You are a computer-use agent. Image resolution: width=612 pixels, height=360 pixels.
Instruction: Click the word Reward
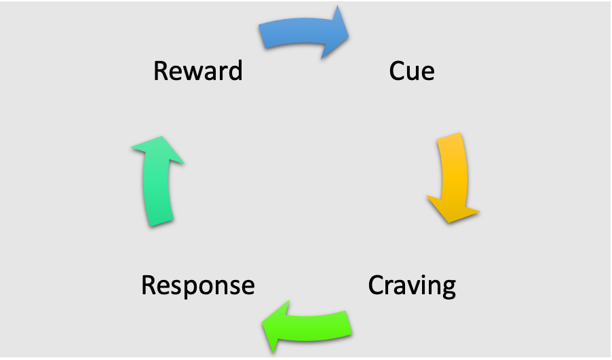(x=197, y=71)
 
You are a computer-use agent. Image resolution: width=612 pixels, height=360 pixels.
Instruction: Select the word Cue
(x=412, y=71)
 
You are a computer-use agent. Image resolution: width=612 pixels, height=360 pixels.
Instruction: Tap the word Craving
(x=412, y=285)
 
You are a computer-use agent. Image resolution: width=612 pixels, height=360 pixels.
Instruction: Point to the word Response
(x=197, y=285)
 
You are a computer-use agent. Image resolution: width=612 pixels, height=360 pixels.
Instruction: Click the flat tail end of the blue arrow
(x=261, y=36)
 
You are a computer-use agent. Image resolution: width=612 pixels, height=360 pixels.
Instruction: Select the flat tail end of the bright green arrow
(x=351, y=322)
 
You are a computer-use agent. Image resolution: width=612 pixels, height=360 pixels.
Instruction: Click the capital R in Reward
(x=160, y=71)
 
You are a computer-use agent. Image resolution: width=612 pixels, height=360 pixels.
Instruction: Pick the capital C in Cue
(x=397, y=71)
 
